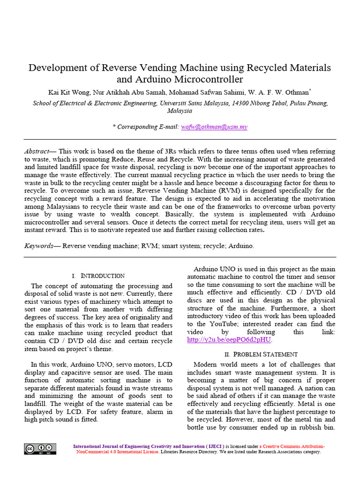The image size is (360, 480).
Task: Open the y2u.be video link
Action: [x=229, y=340]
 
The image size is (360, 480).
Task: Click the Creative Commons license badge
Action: [x=40, y=449]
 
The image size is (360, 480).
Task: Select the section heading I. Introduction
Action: [x=98, y=276]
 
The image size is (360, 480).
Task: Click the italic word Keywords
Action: [x=39, y=246]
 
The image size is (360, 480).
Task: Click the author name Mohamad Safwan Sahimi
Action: [x=198, y=92]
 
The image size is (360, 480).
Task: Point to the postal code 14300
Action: [x=248, y=103]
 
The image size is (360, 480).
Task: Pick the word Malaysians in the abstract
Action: [x=58, y=207]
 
